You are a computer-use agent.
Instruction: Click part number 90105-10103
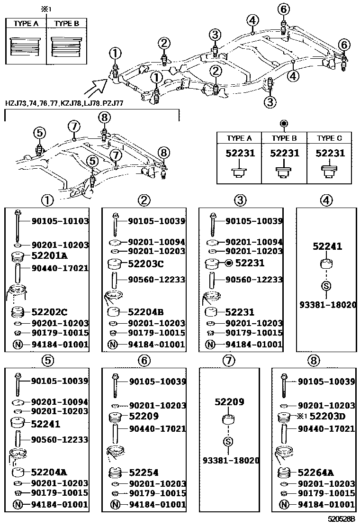click(x=60, y=221)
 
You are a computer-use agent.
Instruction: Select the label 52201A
click(x=49, y=256)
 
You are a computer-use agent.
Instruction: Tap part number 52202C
click(x=49, y=312)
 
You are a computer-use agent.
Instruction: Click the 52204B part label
click(x=146, y=312)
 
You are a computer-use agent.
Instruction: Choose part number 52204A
click(x=49, y=472)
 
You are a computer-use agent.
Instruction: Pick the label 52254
click(x=144, y=472)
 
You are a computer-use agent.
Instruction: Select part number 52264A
click(x=316, y=472)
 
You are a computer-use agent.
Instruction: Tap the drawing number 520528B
click(x=342, y=520)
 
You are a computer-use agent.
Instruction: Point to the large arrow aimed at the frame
click(x=95, y=87)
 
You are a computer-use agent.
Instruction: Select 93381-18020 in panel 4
click(x=327, y=305)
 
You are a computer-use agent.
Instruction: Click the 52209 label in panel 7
click(x=229, y=402)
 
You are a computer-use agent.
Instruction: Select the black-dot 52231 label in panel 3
click(x=250, y=263)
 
